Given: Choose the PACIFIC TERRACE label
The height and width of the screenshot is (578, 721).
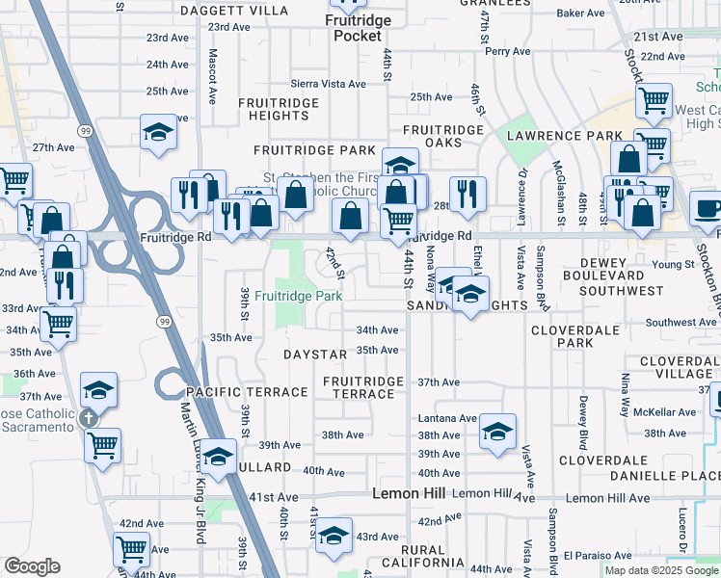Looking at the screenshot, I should click(x=247, y=392).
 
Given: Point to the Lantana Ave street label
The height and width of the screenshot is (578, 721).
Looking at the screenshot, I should click(x=448, y=419).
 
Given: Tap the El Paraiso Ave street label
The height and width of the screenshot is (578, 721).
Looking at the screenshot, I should click(x=598, y=556).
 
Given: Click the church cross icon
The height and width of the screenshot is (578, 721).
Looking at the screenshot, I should click(x=89, y=418).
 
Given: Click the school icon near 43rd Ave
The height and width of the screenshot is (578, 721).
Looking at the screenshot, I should click(x=334, y=535).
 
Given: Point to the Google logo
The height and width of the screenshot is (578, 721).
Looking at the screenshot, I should click(x=32, y=566).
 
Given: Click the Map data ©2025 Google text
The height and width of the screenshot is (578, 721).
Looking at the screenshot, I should click(x=660, y=570).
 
